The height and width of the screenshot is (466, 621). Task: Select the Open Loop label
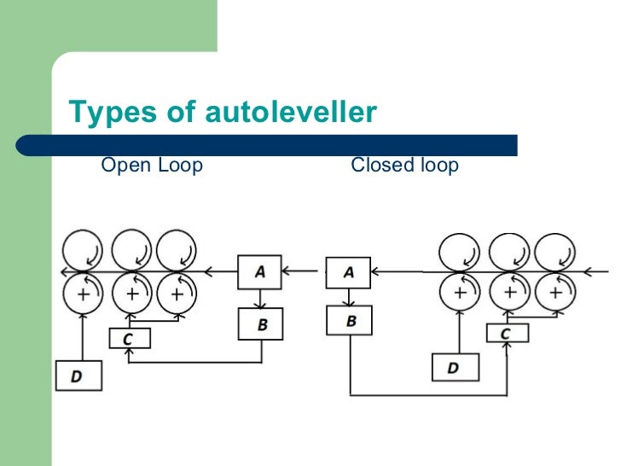[x=152, y=165]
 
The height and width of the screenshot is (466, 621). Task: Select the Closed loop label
[x=404, y=165]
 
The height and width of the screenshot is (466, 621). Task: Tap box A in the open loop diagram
[x=260, y=272]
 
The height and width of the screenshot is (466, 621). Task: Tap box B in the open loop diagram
[x=260, y=324]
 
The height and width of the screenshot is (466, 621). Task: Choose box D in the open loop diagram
[x=78, y=376]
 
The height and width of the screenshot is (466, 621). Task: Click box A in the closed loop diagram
[x=349, y=272]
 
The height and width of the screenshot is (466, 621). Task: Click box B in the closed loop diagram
[x=349, y=322]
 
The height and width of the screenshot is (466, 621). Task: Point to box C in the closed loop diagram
[x=506, y=333]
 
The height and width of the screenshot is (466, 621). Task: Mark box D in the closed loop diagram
[x=455, y=368]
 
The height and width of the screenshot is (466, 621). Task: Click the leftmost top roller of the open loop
[x=82, y=250]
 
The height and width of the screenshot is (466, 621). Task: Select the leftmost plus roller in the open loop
[x=83, y=294]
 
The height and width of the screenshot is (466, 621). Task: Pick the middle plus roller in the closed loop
[x=509, y=293]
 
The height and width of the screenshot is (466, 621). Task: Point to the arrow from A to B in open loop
[x=260, y=299]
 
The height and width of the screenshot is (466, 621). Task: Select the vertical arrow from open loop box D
[x=82, y=336]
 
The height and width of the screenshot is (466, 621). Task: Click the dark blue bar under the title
[x=264, y=145]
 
